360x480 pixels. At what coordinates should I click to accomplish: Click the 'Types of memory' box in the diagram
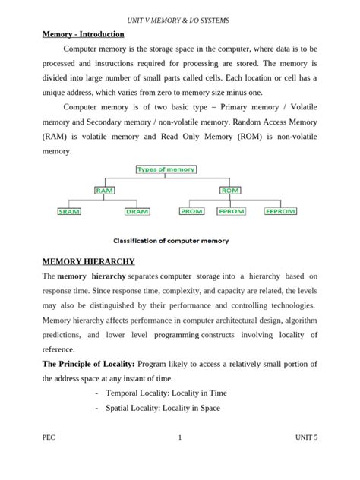point(166,169)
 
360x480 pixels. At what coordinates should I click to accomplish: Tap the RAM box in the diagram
point(105,191)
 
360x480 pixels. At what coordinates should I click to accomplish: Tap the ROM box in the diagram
point(229,191)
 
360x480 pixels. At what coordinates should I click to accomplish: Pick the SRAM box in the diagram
point(70,212)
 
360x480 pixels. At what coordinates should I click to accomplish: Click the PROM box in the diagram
point(191,212)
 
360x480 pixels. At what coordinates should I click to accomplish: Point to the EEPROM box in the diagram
point(278,212)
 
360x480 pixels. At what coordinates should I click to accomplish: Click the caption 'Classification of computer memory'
point(171,241)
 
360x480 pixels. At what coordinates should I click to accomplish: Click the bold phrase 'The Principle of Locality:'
point(93,364)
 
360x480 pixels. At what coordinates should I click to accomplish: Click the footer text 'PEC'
point(50,459)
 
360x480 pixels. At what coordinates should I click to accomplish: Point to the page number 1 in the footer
point(179,459)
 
